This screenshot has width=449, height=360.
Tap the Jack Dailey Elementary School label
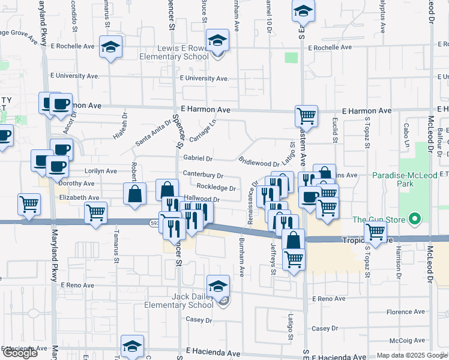coord(178,301)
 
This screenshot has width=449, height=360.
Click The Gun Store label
coord(379,220)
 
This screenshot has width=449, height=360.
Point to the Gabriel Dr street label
coord(198,159)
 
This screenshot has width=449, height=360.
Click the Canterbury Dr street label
coord(203,176)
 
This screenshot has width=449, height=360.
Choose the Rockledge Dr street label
coord(215,188)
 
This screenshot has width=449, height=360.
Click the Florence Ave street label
coord(408,313)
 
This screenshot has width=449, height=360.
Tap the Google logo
coord(20,353)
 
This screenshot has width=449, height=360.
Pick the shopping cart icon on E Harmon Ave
coord(306,116)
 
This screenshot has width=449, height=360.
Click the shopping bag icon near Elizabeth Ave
coord(135,193)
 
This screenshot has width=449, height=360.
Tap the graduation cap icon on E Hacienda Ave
coord(132,346)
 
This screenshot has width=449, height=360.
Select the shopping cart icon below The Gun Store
coord(376,231)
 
